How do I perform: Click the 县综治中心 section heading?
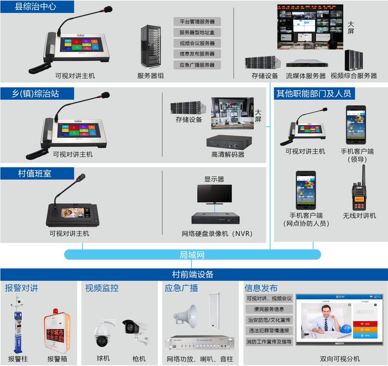[x=35, y=7]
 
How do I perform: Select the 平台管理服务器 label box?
[x=197, y=22]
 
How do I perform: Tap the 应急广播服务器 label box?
[x=197, y=65]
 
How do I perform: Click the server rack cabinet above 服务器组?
[x=150, y=46]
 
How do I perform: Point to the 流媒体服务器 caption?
[x=306, y=76]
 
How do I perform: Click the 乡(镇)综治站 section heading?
[x=35, y=94]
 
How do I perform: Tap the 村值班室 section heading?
[x=35, y=174]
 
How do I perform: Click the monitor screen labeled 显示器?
[x=214, y=193]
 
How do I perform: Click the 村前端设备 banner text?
[x=193, y=274]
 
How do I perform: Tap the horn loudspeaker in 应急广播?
[x=186, y=315]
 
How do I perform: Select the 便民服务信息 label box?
[x=269, y=309]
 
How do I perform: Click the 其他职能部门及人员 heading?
[x=313, y=94]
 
